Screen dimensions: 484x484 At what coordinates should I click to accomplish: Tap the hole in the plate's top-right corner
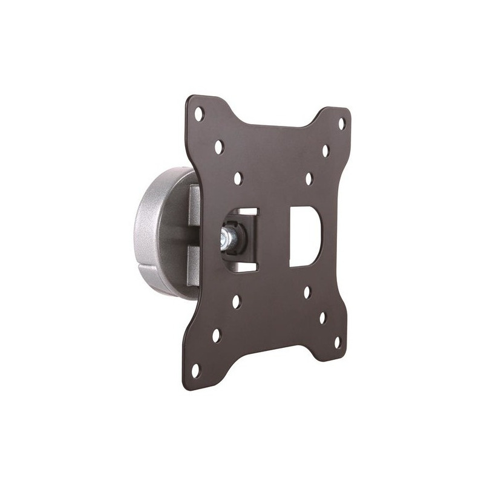click(341, 123)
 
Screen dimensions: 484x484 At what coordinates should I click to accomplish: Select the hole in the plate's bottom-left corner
click(195, 368)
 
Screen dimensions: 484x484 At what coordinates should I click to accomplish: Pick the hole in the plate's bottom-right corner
click(337, 342)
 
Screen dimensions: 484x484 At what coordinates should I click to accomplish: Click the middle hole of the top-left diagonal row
click(219, 146)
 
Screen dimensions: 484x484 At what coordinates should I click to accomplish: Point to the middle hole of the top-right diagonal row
click(325, 151)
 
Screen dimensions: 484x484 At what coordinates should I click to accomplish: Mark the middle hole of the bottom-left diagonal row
click(216, 335)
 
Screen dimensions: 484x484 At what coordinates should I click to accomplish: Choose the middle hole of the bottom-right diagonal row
click(322, 317)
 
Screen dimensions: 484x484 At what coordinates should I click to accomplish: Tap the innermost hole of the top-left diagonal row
click(238, 178)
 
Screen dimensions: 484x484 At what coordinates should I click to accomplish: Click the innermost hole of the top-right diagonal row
click(309, 178)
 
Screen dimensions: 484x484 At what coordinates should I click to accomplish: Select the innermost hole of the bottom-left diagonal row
click(236, 301)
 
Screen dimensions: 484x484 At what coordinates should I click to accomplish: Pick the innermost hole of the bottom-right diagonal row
click(307, 292)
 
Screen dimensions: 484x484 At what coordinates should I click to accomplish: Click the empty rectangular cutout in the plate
click(304, 237)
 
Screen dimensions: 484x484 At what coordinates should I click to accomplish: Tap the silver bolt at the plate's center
click(229, 237)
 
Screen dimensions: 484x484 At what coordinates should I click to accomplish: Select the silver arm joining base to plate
click(194, 236)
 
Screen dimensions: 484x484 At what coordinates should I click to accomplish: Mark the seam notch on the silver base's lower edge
click(143, 267)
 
